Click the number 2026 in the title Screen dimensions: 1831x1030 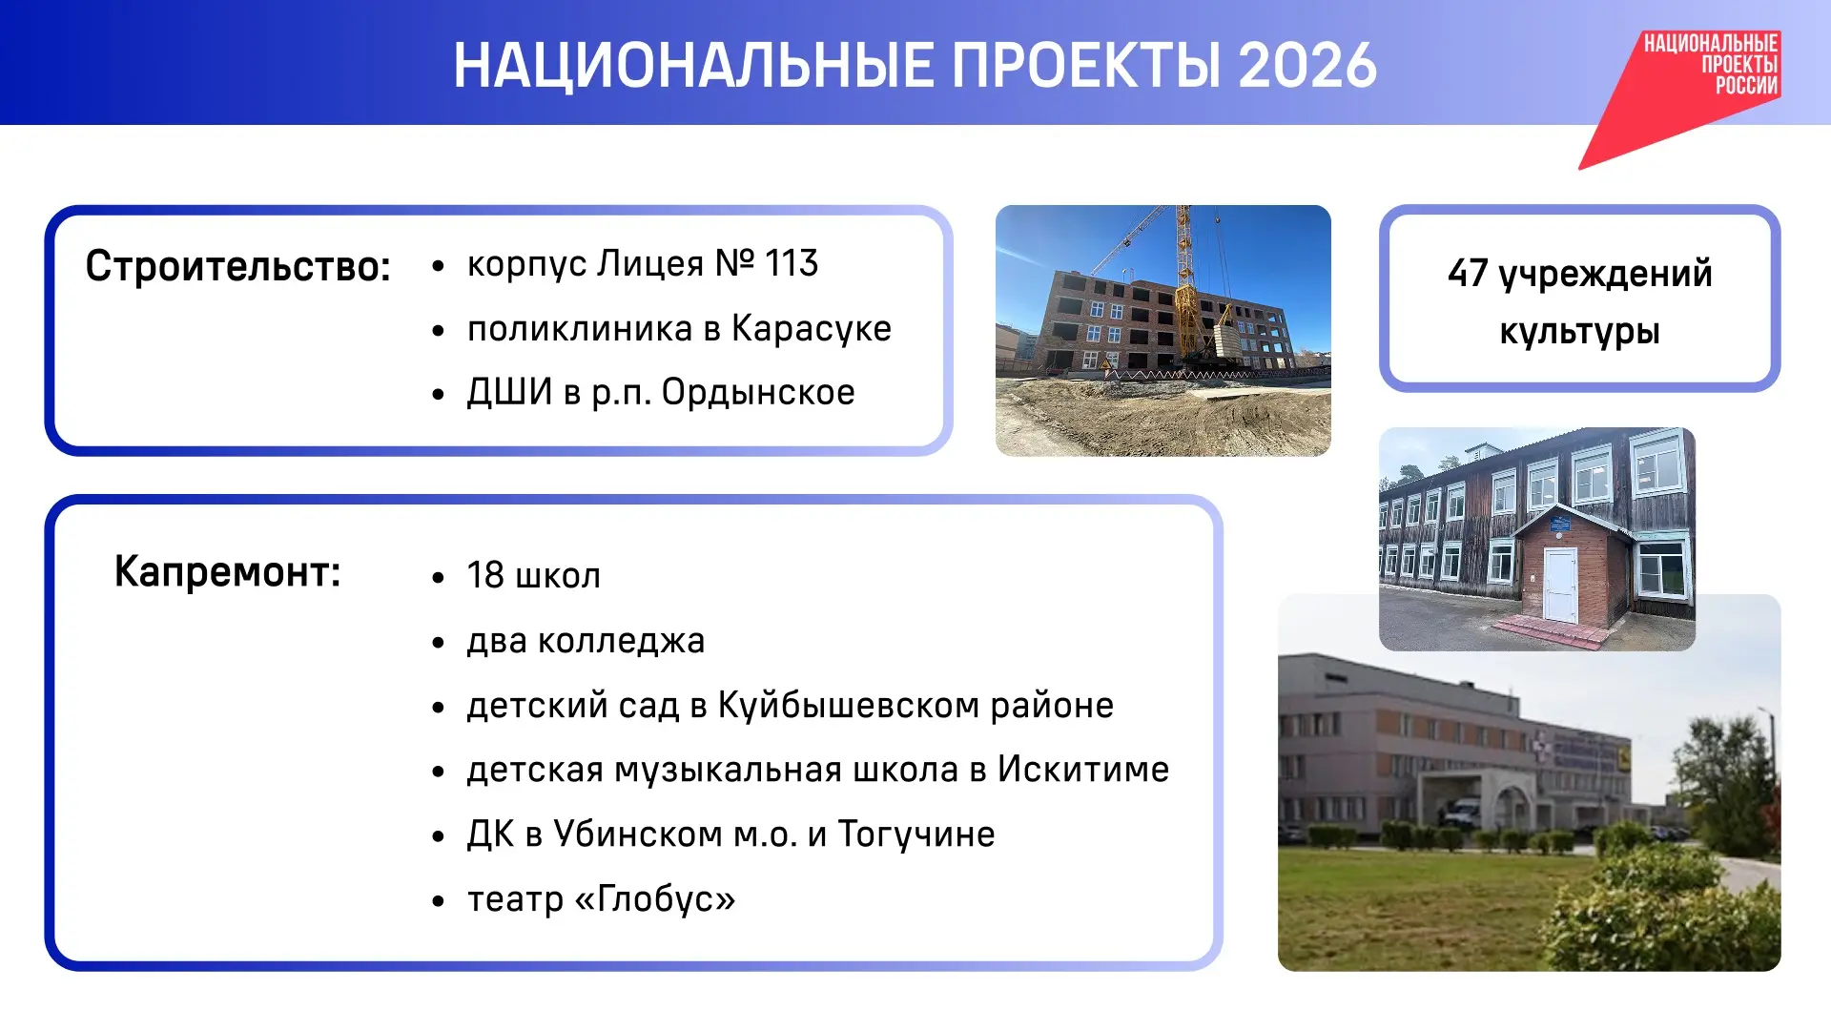coord(1307,66)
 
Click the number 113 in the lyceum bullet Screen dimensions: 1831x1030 coord(792,263)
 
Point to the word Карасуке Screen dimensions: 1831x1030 coord(812,328)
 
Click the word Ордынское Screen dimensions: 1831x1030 coord(758,392)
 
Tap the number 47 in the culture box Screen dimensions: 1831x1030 coord(1469,274)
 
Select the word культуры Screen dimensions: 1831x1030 coord(1579,332)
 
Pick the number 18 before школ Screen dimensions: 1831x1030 coord(485,575)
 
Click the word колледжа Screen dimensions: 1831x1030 coord(621,641)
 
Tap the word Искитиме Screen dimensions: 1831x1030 coord(1083,770)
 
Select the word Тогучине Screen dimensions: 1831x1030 coord(916,834)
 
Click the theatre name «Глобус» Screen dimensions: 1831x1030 coord(655,899)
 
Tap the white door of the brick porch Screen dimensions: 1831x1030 coord(1560,584)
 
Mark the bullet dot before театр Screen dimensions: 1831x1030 coord(438,900)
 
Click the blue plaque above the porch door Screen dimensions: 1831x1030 coord(1559,525)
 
